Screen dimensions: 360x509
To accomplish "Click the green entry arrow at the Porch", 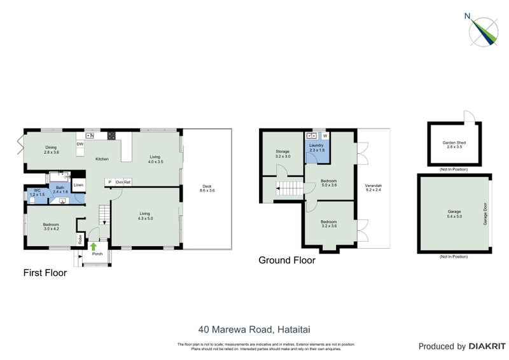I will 94,246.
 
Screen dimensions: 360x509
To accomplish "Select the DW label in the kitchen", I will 80,144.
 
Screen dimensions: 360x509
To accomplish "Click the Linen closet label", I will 78,185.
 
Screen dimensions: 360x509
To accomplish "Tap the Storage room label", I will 282,153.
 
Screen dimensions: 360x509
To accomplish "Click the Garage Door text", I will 485,214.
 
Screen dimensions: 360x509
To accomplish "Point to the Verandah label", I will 373,188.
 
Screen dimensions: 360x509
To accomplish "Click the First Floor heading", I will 45,273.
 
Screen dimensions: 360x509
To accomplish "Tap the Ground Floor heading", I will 286,260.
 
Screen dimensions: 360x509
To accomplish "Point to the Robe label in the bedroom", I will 81,240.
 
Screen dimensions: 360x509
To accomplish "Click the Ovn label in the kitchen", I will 118,182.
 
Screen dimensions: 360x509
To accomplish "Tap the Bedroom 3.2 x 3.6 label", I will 330,225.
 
